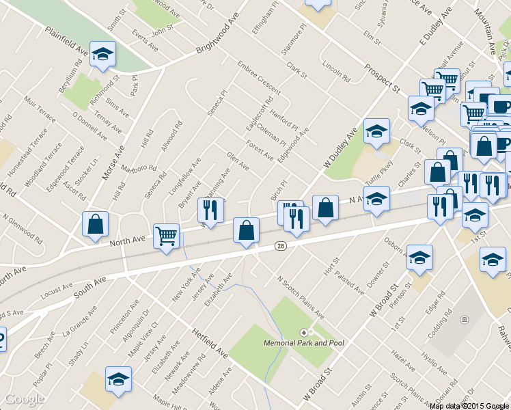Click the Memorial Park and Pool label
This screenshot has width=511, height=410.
pos(304,342)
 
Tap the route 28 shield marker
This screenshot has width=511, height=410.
pos(281,246)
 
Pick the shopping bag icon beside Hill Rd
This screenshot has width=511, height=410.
pos(95,224)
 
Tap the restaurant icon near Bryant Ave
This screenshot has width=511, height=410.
pos(210,211)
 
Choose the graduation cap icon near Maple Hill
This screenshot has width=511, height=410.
pos(118,379)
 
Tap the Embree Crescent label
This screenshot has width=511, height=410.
pos(259,79)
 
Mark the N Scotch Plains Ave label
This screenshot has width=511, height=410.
pos(301,297)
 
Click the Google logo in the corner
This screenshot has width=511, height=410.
pos(25,399)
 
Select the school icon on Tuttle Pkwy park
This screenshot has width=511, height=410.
pos(376,133)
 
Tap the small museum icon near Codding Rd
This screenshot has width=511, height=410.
pos(465,319)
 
